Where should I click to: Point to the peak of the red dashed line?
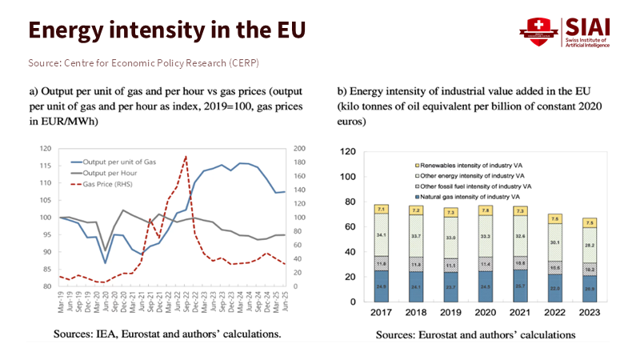186,156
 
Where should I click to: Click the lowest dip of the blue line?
105,262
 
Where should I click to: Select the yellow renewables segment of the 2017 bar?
382,209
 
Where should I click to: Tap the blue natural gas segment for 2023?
590,288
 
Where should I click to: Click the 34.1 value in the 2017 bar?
382,235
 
